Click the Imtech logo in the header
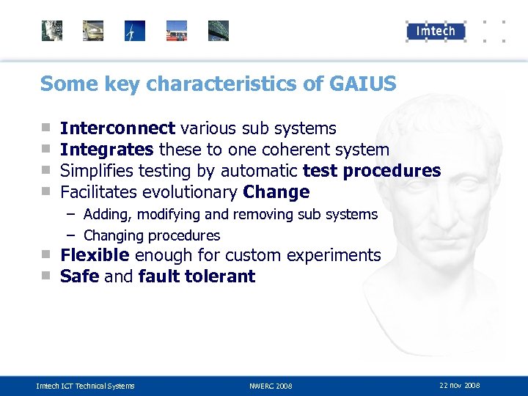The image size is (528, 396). coord(436,31)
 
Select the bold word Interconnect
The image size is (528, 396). coord(117,128)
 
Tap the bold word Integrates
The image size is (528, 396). coord(106,150)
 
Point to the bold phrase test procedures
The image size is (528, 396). coord(371,172)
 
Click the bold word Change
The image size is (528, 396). coord(276,193)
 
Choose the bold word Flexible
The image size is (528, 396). coord(95,255)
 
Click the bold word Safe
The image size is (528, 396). coord(79,276)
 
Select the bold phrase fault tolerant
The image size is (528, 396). coord(197,276)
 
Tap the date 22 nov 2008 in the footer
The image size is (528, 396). coord(459,385)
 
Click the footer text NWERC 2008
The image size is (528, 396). coord(271,386)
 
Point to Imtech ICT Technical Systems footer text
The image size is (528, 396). coord(85,386)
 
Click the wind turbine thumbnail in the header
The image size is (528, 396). coord(135,31)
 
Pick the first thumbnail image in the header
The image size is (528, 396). coord(52,31)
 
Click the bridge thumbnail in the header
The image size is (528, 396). coord(219,31)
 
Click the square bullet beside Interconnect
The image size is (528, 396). coord(45,128)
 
